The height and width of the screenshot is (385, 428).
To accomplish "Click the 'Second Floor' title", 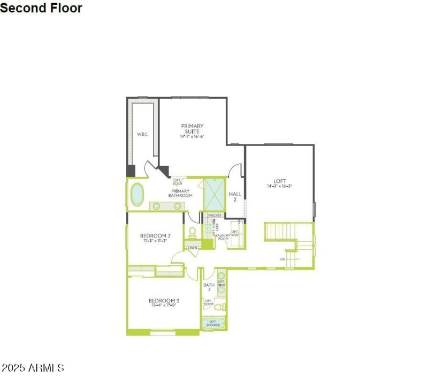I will (x=41, y=8).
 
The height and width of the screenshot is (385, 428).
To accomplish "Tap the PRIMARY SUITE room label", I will (x=192, y=129).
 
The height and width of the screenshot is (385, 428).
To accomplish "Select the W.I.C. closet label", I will (x=142, y=134).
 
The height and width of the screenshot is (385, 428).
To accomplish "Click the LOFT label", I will (x=280, y=181).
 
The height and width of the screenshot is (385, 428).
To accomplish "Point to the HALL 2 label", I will (x=235, y=196).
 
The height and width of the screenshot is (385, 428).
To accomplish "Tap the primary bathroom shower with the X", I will (x=215, y=195).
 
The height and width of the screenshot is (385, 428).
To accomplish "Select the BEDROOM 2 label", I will (x=155, y=235).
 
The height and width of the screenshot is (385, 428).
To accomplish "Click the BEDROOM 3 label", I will (x=164, y=300).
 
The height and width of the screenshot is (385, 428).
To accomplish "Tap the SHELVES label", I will (x=214, y=215).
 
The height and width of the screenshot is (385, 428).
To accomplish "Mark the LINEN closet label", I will (x=193, y=248).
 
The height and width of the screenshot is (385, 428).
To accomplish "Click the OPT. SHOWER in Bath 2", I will (x=213, y=323).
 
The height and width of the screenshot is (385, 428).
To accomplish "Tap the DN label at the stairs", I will (x=282, y=259).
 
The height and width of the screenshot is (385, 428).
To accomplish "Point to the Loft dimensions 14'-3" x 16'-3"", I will (x=280, y=187).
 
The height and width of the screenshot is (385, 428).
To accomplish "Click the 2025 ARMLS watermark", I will (x=33, y=368).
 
